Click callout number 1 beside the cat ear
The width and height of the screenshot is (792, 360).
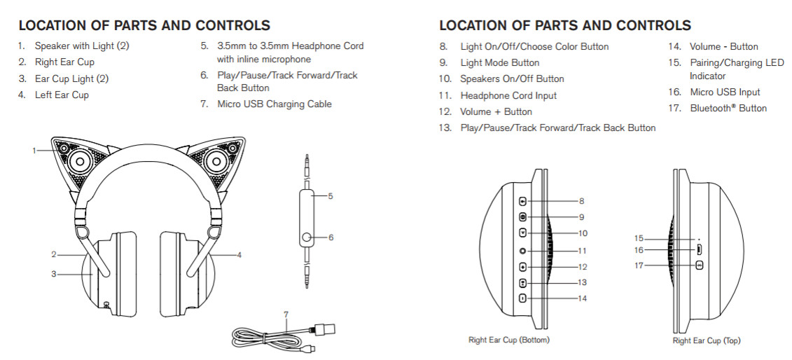click(x=33, y=149)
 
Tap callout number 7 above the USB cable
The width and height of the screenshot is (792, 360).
click(x=286, y=313)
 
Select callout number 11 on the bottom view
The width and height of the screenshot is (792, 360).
click(x=583, y=250)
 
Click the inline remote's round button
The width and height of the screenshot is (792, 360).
click(x=306, y=238)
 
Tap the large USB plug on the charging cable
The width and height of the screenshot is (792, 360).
click(x=324, y=328)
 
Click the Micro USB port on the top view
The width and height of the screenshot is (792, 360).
click(x=698, y=249)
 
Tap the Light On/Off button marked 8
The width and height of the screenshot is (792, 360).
click(x=522, y=201)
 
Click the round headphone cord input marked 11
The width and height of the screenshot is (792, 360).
click(x=522, y=250)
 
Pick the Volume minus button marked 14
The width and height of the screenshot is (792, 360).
click(x=522, y=298)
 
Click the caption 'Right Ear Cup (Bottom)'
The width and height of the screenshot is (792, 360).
click(x=508, y=340)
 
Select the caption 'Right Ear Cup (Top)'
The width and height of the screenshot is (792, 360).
click(x=706, y=340)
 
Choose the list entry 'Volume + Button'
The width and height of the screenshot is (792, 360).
click(x=496, y=111)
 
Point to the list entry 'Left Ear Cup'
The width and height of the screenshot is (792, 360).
click(x=62, y=95)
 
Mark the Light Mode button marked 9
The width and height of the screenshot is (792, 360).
click(x=522, y=217)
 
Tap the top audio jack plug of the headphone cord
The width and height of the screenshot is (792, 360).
click(x=306, y=169)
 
